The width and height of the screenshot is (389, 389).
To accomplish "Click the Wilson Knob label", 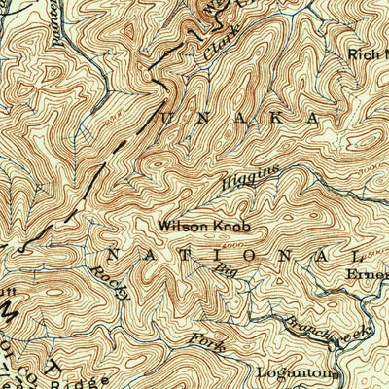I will (205, 226).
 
